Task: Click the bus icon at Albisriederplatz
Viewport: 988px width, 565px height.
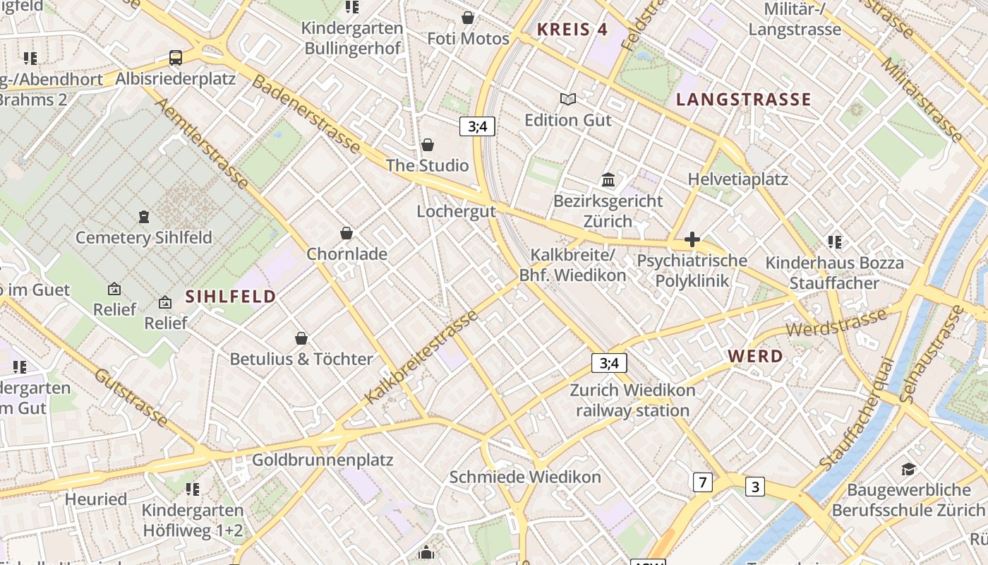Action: click(176, 58)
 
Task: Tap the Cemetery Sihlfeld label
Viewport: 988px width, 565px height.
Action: click(144, 237)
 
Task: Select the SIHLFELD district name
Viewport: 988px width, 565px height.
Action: click(231, 297)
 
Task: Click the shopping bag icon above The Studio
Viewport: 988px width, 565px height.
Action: click(428, 145)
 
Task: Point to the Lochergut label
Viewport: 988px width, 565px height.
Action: click(456, 211)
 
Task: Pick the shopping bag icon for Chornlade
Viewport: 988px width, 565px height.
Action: click(347, 233)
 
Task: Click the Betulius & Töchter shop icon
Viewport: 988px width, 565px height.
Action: click(301, 338)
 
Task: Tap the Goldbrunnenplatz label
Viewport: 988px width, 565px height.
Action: click(323, 460)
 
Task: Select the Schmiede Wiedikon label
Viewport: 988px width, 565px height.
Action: click(525, 477)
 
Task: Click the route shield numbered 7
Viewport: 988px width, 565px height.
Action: click(702, 482)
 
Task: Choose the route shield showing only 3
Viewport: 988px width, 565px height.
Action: click(755, 487)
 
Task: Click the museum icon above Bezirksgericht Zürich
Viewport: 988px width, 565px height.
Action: click(608, 180)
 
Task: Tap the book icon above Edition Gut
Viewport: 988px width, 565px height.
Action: click(568, 100)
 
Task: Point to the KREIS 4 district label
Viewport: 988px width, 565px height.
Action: click(572, 30)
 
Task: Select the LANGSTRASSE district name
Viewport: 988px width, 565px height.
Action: click(744, 100)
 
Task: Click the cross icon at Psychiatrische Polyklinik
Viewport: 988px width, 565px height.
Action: click(692, 240)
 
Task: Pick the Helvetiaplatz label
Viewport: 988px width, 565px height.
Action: click(738, 179)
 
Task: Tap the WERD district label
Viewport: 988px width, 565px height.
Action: click(755, 357)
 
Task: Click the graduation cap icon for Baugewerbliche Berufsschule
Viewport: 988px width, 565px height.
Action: click(908, 469)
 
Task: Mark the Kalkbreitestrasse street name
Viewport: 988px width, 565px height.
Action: click(422, 358)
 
